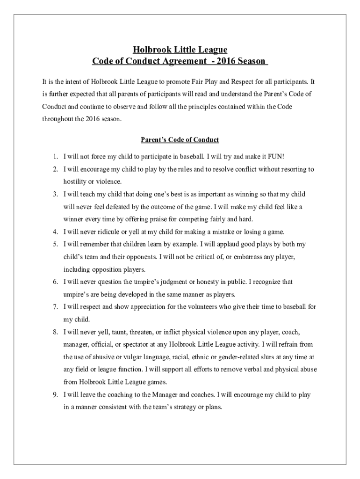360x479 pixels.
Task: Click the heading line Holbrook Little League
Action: tap(180, 50)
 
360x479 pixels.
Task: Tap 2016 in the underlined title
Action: tap(225, 61)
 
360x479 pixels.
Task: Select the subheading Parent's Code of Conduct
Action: tap(180, 140)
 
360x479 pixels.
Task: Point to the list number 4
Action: tap(55, 232)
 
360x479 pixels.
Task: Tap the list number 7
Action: tap(55, 307)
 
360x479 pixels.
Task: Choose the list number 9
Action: tap(55, 395)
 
